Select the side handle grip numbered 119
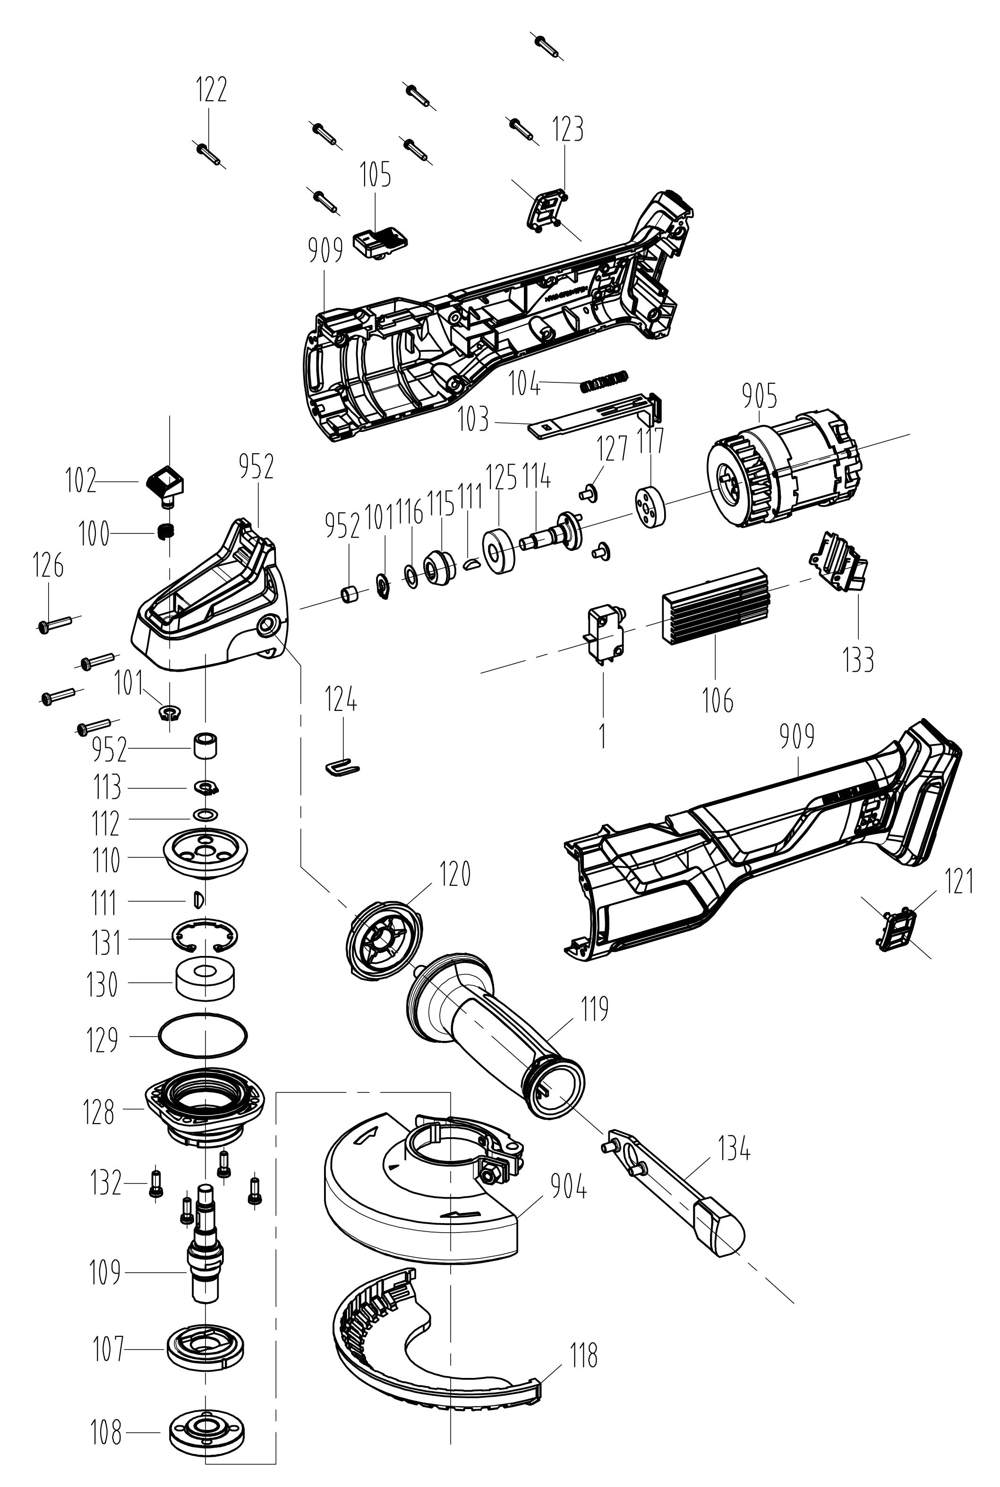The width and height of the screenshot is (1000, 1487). [x=494, y=1027]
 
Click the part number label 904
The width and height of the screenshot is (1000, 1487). [x=569, y=1187]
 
